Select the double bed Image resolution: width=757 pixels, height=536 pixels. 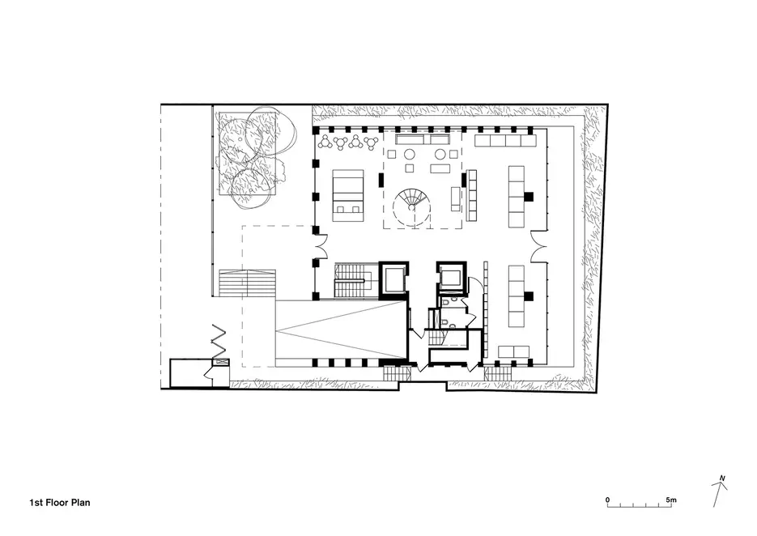coord(347,196)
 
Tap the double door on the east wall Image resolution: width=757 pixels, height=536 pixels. coord(539,246)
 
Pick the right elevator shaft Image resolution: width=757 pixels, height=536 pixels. coord(452,279)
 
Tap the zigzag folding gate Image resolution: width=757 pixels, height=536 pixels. coord(219,340)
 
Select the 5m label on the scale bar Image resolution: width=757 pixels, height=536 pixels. coord(671,500)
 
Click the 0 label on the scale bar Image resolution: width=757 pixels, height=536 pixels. coord(607,500)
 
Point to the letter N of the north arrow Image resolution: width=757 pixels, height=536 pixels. coord(722,479)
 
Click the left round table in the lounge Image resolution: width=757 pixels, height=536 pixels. coord(410,155)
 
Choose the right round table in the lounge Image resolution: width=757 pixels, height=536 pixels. coord(440,155)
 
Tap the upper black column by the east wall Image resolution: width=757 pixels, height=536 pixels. coord(529,197)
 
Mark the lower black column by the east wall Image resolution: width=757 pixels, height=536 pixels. coord(529,296)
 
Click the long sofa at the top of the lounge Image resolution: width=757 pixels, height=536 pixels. coord(423,140)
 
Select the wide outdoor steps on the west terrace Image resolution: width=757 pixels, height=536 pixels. coord(247,283)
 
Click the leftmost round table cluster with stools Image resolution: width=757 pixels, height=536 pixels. coord(326,142)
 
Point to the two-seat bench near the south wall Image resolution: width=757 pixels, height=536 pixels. coord(513,351)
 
